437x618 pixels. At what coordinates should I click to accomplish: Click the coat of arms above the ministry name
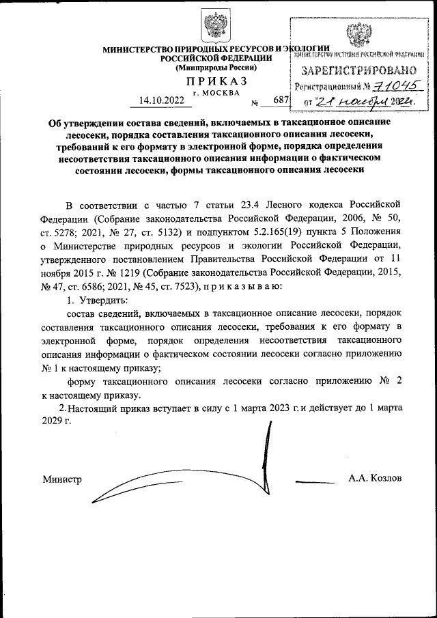tap(217, 27)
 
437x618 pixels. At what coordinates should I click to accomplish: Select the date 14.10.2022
tap(161, 100)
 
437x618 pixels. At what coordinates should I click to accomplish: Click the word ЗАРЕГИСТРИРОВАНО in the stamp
tap(358, 70)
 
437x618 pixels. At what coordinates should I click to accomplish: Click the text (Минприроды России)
tap(216, 68)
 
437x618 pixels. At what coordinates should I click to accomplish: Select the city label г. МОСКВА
tap(216, 92)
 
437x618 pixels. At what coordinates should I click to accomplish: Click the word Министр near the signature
tap(62, 479)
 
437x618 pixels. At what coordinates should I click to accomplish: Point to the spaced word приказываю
tap(242, 286)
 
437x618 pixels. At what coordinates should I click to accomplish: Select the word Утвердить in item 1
tap(102, 300)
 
